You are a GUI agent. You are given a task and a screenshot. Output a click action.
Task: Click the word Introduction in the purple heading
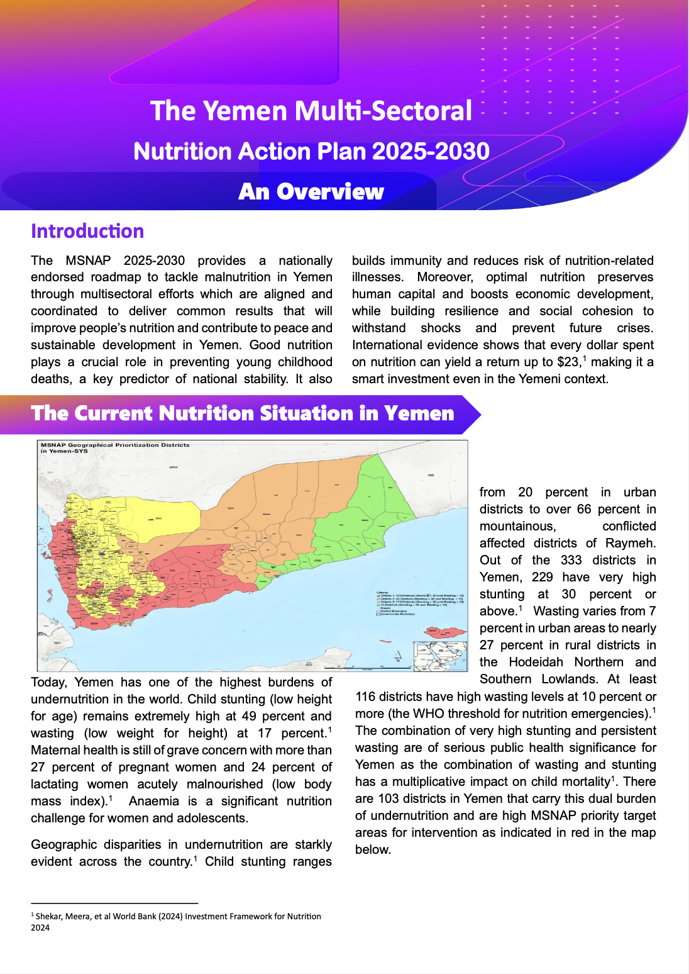pos(87,231)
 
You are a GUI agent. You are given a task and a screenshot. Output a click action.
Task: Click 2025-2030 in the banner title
pos(431,151)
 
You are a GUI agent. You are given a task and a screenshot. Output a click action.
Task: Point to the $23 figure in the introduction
pos(568,362)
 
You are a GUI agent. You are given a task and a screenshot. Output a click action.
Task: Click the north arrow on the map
pos(398,656)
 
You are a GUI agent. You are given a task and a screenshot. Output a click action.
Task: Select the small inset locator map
pos(440,656)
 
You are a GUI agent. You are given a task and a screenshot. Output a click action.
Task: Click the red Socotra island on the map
pos(444,631)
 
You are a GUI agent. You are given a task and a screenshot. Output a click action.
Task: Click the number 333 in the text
pos(571,560)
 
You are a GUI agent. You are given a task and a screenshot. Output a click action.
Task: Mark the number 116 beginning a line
pos(367,697)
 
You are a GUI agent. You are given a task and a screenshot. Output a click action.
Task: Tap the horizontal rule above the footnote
pos(114,904)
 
